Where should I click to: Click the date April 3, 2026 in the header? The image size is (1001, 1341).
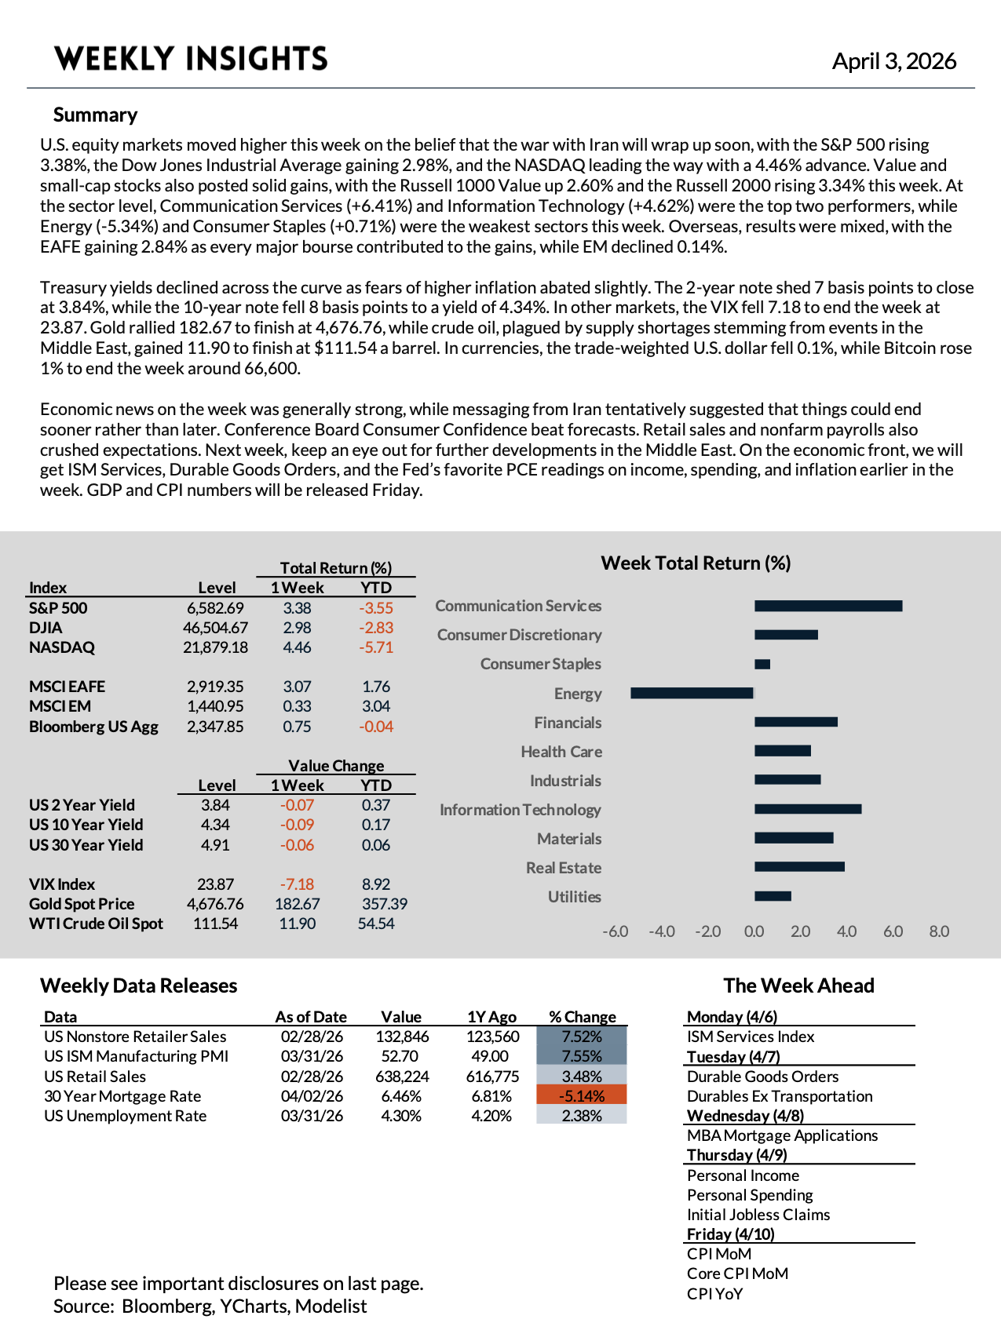coord(893,61)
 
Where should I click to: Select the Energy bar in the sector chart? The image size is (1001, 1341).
coord(692,693)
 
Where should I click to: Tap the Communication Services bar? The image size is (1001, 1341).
coord(828,606)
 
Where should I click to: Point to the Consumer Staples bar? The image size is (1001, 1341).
coord(762,665)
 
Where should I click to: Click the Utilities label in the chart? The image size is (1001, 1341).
coord(574,897)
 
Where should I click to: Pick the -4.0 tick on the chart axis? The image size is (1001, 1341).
coord(661,931)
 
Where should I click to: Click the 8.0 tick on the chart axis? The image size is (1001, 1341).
coord(939,931)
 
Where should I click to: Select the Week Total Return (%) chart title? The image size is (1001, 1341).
coord(696,563)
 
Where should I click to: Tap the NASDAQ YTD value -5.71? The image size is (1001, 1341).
coord(376,647)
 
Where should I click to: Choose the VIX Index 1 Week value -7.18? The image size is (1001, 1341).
coord(297,884)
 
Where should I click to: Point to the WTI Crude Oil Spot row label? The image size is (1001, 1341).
coord(96,924)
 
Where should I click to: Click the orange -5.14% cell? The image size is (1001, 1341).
coord(582,1096)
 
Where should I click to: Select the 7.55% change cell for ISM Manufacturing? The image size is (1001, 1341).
coord(582,1056)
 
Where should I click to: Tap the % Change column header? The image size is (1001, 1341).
coord(582,1017)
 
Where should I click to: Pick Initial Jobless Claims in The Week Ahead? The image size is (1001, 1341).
coord(758,1215)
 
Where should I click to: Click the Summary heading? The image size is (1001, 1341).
coord(95,115)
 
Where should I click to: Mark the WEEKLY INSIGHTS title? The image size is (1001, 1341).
coord(191,59)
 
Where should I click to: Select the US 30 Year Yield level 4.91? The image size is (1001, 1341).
coord(215,845)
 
